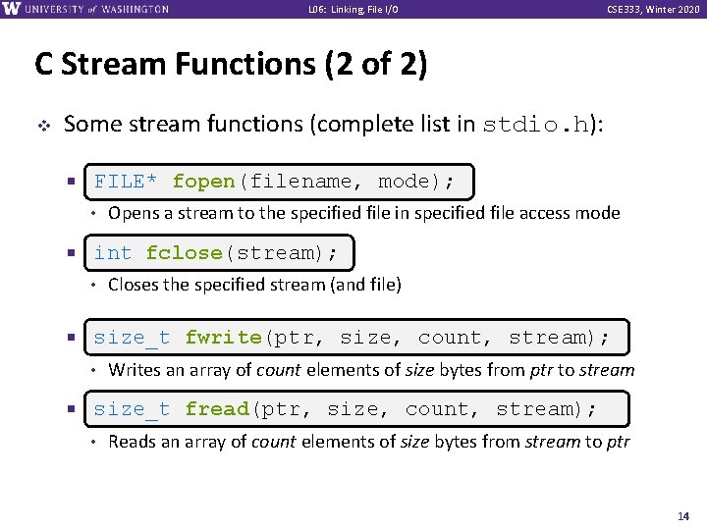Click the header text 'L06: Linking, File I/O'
(353, 10)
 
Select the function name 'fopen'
(203, 182)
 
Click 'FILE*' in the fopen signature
(126, 182)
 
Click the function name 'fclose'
(185, 253)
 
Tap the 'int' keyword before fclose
(113, 253)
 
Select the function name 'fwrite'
(223, 338)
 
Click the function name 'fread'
(217, 409)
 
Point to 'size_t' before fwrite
(132, 338)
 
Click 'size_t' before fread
(132, 409)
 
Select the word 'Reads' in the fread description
(131, 442)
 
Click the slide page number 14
(684, 515)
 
